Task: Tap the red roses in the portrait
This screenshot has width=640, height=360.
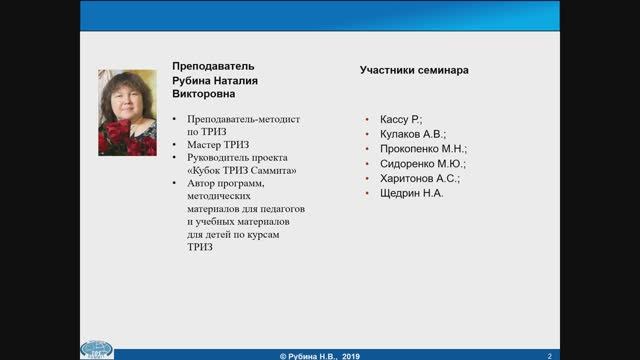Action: pos(117,137)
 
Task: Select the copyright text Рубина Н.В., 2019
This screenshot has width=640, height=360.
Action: pos(322,354)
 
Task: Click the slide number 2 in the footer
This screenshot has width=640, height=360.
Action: pos(549,354)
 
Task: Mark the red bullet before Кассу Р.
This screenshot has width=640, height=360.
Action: pos(368,119)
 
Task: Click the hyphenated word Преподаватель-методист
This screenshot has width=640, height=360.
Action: pos(236,118)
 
